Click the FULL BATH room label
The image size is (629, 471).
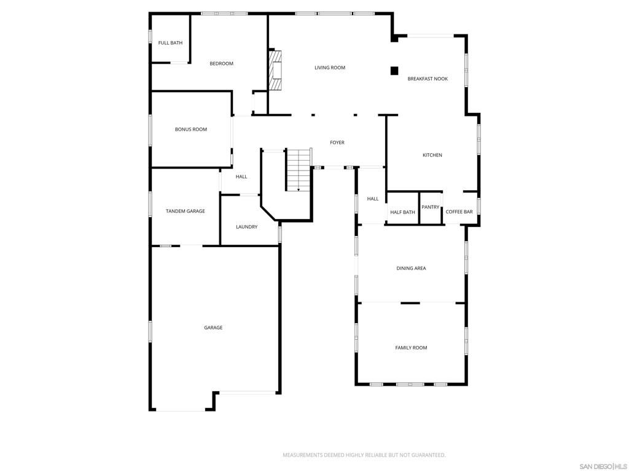pyautogui.click(x=170, y=43)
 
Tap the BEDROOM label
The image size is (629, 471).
pyautogui.click(x=221, y=64)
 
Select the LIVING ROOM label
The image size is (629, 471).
pyautogui.click(x=330, y=67)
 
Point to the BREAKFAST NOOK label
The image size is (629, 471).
pyautogui.click(x=428, y=79)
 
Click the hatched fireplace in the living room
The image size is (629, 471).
pyautogui.click(x=275, y=71)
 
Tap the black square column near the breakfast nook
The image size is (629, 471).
pyautogui.click(x=394, y=71)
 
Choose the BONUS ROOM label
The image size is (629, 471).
pyautogui.click(x=191, y=129)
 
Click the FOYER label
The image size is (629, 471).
pyautogui.click(x=337, y=142)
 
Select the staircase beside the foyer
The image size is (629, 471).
pyautogui.click(x=299, y=170)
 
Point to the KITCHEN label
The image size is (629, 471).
pyautogui.click(x=432, y=155)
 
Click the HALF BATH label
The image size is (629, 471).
pyautogui.click(x=403, y=212)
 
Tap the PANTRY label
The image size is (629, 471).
pyautogui.click(x=431, y=207)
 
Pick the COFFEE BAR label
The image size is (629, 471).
pyautogui.click(x=459, y=212)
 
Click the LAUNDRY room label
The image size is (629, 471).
pyautogui.click(x=247, y=227)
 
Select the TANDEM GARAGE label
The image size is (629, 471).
pyautogui.click(x=186, y=211)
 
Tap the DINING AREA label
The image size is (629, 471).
pyautogui.click(x=411, y=269)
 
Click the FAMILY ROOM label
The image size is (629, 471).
pyautogui.click(x=411, y=348)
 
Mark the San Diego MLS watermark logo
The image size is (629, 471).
pyautogui.click(x=603, y=467)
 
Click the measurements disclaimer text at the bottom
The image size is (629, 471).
pyautogui.click(x=364, y=456)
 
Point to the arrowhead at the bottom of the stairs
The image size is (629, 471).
pyautogui.click(x=299, y=190)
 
